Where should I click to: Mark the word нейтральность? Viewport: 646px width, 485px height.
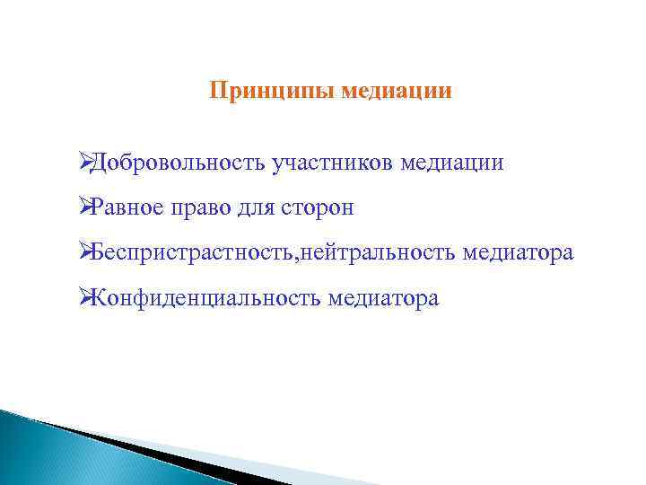[x=379, y=253]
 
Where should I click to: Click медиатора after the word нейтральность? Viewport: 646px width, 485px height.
[x=518, y=253]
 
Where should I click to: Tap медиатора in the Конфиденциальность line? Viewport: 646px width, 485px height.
[x=383, y=298]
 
